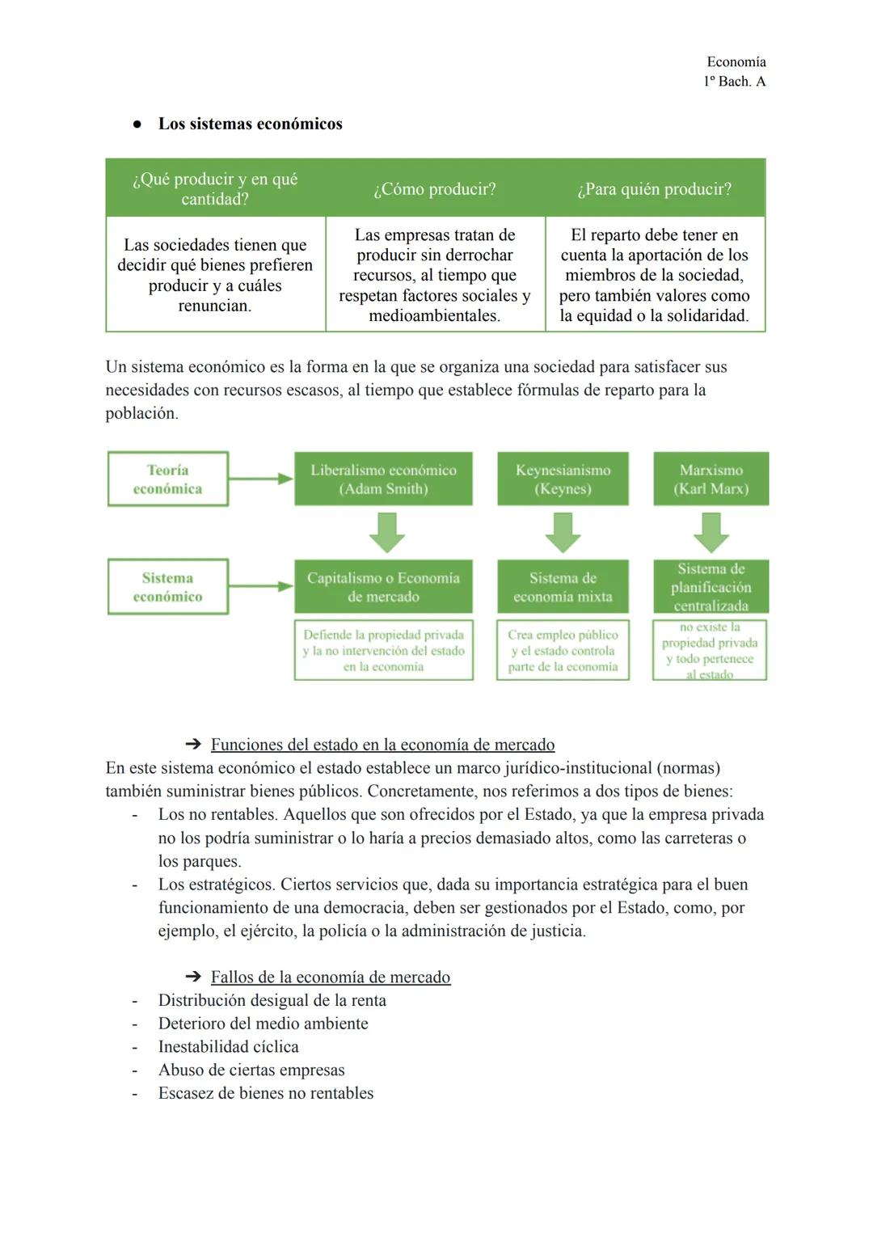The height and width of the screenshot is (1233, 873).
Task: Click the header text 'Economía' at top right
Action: [x=736, y=62]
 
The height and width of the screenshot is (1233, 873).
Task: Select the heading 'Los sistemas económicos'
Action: [x=250, y=124]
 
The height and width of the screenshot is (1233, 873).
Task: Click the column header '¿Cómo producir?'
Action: [x=435, y=189]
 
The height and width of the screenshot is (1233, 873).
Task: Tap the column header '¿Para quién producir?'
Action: [x=654, y=189]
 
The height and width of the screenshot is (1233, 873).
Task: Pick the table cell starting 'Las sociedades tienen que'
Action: [x=215, y=275]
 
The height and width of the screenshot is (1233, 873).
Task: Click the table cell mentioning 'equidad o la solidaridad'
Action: [x=654, y=275]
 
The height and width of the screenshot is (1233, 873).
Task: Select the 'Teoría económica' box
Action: [x=168, y=479]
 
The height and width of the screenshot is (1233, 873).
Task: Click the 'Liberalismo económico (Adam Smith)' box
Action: [x=383, y=479]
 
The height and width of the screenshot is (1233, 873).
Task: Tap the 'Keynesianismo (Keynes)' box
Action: [x=563, y=479]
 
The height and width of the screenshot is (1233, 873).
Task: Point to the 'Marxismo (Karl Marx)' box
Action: [x=711, y=479]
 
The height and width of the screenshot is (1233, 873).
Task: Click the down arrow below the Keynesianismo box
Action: [x=563, y=532]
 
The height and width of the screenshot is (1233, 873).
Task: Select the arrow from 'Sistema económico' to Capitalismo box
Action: [x=260, y=586]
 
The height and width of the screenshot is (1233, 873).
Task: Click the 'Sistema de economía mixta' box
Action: [x=563, y=587]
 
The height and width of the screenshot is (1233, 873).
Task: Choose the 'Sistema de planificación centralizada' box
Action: [x=711, y=587]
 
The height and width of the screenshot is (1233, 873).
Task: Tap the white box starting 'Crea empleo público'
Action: [x=563, y=651]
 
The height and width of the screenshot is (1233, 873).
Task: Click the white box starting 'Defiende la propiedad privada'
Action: [x=383, y=651]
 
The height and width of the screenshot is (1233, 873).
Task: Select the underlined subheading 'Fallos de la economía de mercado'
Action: [x=330, y=977]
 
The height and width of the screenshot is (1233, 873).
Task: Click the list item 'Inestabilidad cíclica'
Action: [x=228, y=1046]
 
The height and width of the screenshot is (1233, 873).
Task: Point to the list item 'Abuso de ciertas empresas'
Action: [x=251, y=1070]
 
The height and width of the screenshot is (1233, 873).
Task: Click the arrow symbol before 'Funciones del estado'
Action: [x=192, y=745]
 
